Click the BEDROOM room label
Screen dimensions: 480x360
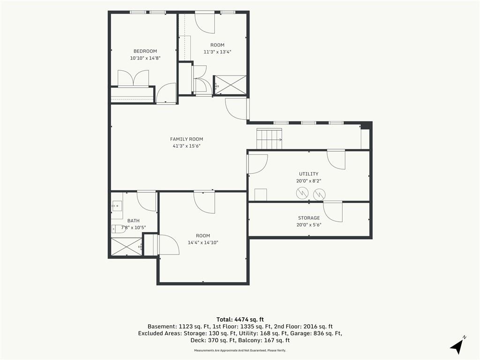tap(145, 51)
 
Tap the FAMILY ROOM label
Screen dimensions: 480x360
tap(187, 139)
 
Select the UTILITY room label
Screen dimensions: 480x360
tap(308, 174)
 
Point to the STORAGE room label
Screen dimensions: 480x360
tap(309, 218)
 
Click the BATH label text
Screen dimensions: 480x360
tap(134, 221)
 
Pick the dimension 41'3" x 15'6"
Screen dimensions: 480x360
tap(187, 146)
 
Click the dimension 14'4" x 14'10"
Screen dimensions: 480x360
tap(203, 242)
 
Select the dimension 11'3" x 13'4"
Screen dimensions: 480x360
tap(217, 52)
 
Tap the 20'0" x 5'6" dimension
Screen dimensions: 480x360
tap(309, 225)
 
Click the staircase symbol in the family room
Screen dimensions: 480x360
tap(269, 139)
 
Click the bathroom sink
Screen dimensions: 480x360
tap(117, 206)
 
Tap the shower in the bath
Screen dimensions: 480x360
tap(127, 247)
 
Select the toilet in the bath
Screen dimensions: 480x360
tap(118, 229)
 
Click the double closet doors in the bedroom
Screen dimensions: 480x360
tap(134, 79)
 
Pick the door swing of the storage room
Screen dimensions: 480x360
tap(333, 212)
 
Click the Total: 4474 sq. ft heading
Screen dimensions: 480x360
tap(240, 320)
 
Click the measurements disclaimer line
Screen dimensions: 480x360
tap(240, 350)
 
